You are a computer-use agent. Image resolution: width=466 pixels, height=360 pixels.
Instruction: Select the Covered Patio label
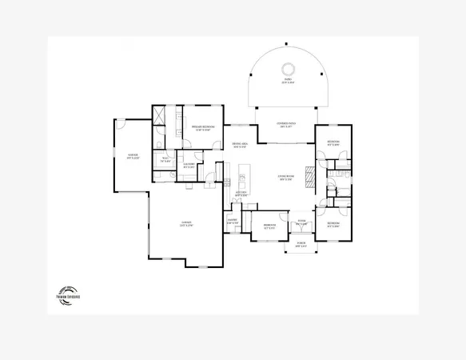[285, 124]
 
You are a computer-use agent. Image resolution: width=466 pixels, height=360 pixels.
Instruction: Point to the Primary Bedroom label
[201, 128]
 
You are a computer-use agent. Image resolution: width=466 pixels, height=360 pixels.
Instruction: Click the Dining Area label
[238, 146]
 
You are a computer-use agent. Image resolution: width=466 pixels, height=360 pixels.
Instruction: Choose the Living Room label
[285, 178]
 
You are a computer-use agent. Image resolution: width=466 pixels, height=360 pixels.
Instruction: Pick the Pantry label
[233, 220]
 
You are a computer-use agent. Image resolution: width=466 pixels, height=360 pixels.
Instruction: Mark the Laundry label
[189, 166]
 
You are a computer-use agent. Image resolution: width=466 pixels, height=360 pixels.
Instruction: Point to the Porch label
[301, 245]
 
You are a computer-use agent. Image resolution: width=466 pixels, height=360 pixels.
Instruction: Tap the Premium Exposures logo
[69, 294]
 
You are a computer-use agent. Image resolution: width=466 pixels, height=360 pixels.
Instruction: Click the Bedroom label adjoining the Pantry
[270, 225]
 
